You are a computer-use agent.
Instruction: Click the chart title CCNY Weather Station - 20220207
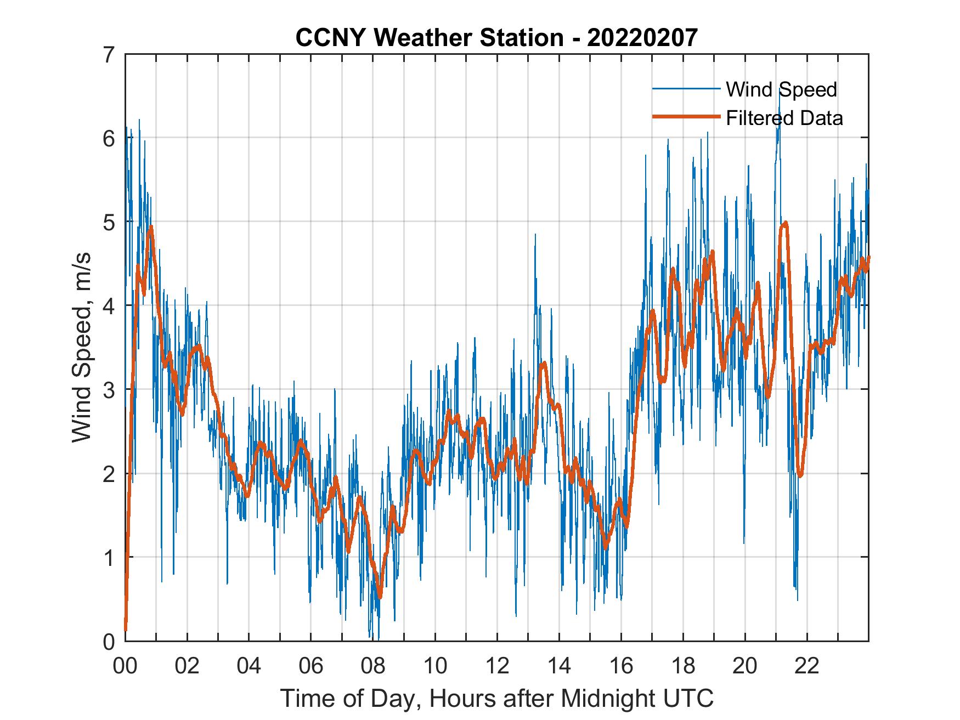point(496,38)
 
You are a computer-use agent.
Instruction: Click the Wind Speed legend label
point(781,89)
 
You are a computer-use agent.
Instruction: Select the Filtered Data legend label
point(784,118)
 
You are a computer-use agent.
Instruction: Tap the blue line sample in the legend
point(686,89)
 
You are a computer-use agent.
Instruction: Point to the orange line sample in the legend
point(686,117)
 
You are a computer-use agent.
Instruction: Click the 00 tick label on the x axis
point(125,666)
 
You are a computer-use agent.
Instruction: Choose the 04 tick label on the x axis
point(249,666)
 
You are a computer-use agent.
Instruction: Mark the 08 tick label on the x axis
point(373,666)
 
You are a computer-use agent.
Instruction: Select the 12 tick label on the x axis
point(497,666)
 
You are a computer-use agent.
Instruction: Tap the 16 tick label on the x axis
point(621,666)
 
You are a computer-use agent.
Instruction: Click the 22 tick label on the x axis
point(807,666)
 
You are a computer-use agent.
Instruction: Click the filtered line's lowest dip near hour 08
point(380,597)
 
